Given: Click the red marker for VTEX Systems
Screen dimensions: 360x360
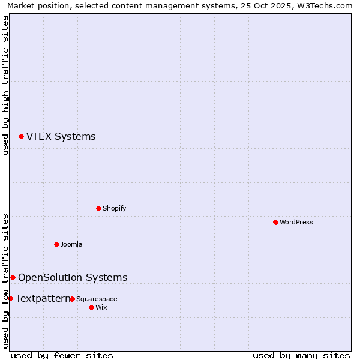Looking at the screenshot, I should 21,137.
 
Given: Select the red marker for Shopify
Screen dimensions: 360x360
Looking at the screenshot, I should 98,208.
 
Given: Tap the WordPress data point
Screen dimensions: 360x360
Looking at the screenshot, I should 275,222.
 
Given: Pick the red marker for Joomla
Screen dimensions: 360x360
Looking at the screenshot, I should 56,244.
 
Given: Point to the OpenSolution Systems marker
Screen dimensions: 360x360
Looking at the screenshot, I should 13,277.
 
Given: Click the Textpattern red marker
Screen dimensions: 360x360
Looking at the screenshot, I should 10,298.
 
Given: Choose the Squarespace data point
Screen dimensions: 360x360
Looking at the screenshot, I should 72,299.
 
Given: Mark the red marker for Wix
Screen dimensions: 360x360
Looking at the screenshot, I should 91,307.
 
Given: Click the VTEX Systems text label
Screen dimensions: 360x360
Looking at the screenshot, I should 61,137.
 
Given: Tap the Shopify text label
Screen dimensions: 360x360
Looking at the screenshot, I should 114,209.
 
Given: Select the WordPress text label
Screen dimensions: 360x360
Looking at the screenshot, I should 296,223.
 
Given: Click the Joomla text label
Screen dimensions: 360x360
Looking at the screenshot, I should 71,245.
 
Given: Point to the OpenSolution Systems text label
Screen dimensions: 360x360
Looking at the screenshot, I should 73,277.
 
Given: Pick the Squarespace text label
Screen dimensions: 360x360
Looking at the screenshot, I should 97,299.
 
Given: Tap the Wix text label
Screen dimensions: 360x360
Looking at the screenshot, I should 101,308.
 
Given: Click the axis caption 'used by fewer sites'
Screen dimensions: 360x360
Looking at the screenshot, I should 62,355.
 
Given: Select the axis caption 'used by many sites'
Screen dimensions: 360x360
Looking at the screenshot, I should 301,355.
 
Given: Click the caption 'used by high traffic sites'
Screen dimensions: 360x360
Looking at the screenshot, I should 5,85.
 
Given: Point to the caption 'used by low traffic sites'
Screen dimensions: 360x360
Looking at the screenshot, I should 5,280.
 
